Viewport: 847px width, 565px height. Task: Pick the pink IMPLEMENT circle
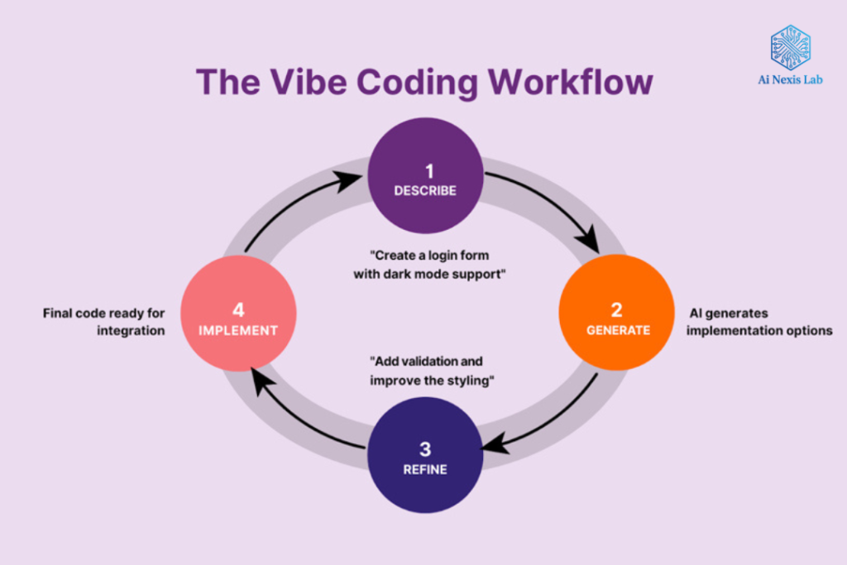pyautogui.click(x=237, y=318)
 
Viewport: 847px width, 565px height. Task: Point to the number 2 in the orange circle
pyautogui.click(x=617, y=309)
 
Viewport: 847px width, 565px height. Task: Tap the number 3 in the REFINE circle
pyautogui.click(x=425, y=449)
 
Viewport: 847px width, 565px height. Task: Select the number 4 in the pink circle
pyautogui.click(x=238, y=310)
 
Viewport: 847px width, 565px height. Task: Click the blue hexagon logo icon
pyautogui.click(x=790, y=46)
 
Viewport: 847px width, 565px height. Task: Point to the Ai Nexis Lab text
pyautogui.click(x=790, y=81)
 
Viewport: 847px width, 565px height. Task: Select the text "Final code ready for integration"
pyautogui.click(x=104, y=322)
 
